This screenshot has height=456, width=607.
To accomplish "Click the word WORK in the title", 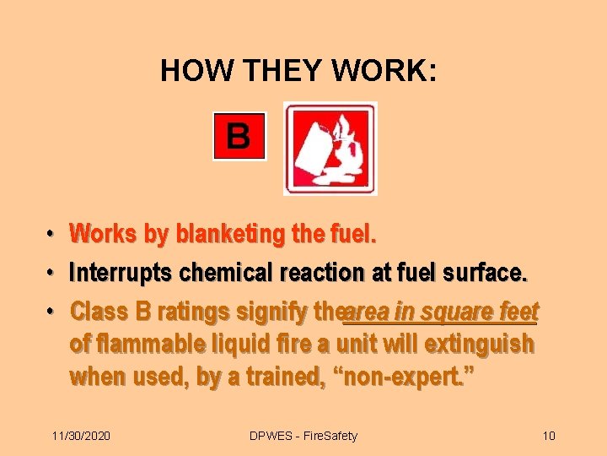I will pos(382,71).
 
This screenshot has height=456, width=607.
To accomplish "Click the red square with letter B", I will pos(239,135).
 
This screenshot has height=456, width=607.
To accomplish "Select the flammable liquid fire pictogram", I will pos(330,149).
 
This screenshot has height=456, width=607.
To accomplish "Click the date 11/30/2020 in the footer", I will pos(81,436).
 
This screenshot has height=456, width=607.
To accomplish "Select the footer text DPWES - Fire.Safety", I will pos(303,436).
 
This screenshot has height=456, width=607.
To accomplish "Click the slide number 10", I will pos(549,436).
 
